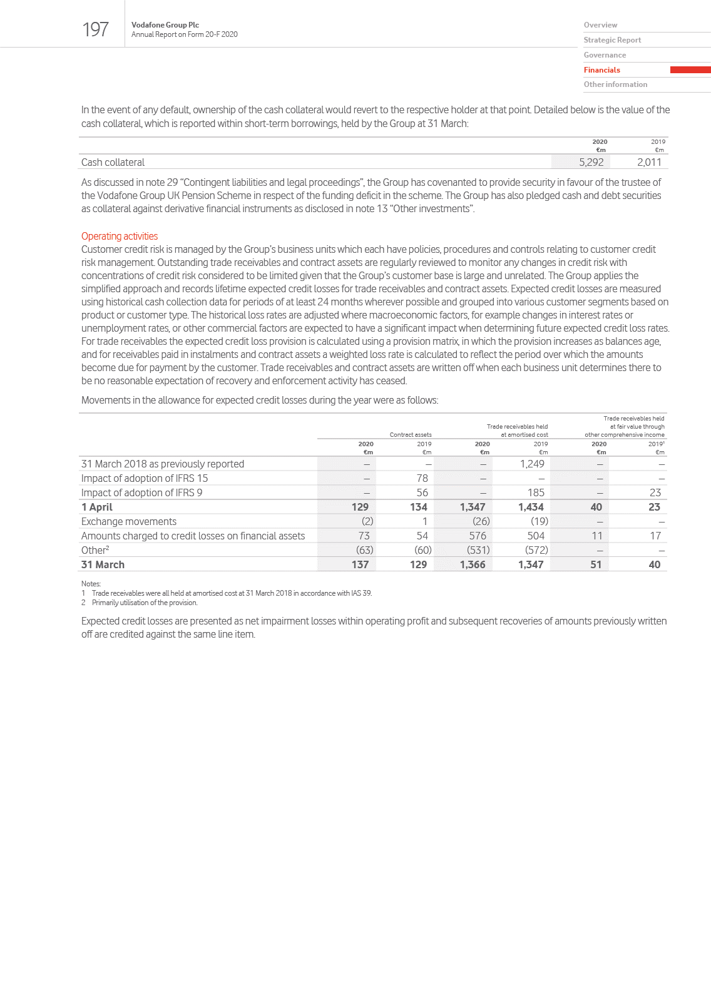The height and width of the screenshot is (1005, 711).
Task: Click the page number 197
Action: click(95, 29)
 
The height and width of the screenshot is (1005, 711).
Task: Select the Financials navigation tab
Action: click(601, 70)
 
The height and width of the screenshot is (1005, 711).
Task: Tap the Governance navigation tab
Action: click(605, 55)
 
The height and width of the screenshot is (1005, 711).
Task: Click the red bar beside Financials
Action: click(690, 70)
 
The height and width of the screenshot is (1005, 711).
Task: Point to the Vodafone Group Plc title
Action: click(165, 25)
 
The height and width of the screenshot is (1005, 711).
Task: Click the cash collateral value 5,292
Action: click(591, 162)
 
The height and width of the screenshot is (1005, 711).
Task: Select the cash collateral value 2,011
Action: click(649, 162)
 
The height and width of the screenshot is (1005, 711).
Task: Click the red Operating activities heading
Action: click(120, 236)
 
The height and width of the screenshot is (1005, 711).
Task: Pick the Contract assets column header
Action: click(411, 434)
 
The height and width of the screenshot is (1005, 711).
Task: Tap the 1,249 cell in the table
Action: click(532, 464)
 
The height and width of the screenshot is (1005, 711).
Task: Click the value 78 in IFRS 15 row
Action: click(422, 478)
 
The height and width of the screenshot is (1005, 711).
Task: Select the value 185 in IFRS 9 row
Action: click(536, 492)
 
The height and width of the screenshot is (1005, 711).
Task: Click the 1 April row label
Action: click(97, 507)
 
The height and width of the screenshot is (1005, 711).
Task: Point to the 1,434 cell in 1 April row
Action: click(531, 507)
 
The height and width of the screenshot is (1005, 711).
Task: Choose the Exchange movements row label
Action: click(129, 521)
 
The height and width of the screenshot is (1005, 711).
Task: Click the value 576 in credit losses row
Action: click(478, 536)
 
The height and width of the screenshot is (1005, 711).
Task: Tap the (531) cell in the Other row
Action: click(478, 550)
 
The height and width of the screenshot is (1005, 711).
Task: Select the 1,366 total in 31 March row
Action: click(473, 564)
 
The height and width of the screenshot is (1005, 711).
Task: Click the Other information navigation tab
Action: click(615, 84)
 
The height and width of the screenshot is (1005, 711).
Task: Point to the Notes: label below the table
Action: click(91, 584)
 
